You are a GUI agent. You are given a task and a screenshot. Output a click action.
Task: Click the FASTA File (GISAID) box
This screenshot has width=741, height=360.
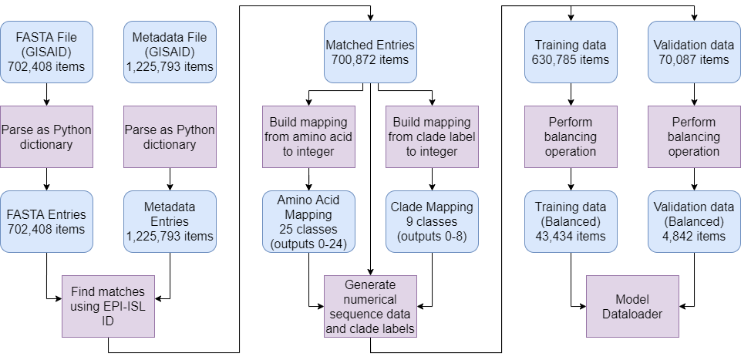pos(46,51)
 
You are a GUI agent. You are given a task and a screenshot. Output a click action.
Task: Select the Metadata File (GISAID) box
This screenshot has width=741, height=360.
pos(169,51)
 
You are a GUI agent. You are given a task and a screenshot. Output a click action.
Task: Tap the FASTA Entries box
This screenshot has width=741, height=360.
pos(46,221)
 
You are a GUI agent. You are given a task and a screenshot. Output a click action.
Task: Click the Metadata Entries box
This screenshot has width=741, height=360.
pos(169,221)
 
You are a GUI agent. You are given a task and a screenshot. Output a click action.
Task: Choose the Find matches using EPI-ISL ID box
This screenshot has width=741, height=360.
pos(107,306)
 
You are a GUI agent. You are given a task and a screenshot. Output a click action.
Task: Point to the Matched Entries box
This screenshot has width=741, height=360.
pos(370,51)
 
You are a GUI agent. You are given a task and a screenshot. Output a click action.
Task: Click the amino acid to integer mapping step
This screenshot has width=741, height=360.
pos(308,136)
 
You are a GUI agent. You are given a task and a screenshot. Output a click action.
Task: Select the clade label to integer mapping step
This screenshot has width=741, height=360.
pos(432,136)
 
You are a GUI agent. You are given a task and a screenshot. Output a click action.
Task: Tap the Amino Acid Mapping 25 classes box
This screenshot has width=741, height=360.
pos(308,221)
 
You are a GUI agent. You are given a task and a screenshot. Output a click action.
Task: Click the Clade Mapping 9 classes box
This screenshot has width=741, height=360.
pos(432,221)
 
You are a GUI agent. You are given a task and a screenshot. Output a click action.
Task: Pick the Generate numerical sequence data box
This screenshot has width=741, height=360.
pos(370,306)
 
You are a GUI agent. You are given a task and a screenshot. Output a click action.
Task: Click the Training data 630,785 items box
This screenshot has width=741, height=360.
pos(571,51)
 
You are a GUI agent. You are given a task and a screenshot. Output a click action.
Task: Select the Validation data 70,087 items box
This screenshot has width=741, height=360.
pos(694,51)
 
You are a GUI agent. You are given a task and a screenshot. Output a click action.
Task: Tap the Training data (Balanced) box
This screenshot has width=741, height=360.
pos(571,221)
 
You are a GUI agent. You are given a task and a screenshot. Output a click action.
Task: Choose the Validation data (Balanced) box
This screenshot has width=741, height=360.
pos(694,221)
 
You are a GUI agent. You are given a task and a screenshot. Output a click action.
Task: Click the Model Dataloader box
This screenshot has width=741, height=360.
pos(632,306)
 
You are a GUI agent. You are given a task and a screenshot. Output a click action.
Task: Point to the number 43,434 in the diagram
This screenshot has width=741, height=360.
pos(571,236)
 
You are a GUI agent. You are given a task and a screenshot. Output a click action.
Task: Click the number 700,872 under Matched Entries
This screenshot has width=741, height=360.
pos(370,59)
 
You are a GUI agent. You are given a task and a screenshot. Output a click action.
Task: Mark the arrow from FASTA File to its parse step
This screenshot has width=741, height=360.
pos(46,93)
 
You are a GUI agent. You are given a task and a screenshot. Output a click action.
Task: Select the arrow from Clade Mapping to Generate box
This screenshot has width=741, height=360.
pos(432,285)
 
